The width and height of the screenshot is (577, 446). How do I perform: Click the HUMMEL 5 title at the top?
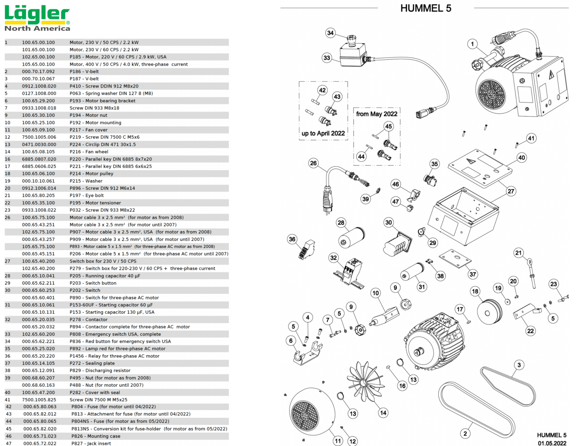point(425,8)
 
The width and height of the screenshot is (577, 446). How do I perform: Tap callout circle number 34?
point(330,33)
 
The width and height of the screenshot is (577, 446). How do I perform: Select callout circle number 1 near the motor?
point(473,44)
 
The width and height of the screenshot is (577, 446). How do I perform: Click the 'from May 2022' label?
point(376,114)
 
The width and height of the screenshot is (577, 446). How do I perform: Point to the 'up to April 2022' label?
point(323,133)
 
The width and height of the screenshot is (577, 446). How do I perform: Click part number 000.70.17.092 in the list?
point(38,71)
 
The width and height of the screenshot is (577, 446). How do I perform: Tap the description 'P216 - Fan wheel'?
point(89,152)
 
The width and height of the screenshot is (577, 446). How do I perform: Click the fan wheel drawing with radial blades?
point(364,382)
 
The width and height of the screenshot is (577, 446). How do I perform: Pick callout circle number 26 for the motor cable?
point(313,163)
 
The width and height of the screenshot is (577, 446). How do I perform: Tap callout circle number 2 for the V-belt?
point(465,434)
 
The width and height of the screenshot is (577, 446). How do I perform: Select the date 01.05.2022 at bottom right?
point(552,443)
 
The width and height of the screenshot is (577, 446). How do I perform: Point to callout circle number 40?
point(521,157)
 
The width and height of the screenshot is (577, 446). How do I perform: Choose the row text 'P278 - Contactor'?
point(88,319)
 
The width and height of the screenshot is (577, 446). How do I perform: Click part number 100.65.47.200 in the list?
point(38,392)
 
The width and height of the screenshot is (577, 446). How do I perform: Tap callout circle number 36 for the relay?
point(292,239)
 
